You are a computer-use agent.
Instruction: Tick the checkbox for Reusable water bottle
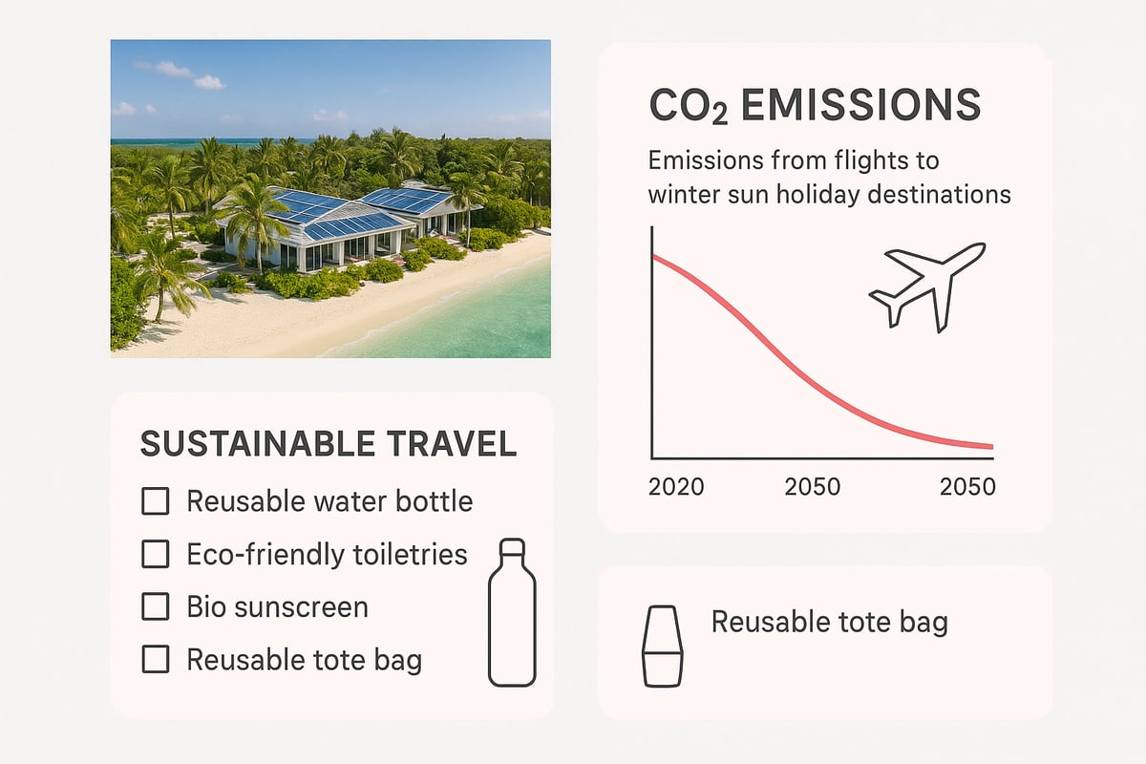click(155, 501)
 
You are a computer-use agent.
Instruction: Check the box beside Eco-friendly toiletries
click(155, 554)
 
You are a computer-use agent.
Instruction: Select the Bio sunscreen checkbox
click(155, 606)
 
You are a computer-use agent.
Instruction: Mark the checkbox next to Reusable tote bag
click(155, 659)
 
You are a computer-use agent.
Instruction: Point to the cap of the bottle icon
click(512, 548)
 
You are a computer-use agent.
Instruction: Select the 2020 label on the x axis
click(676, 486)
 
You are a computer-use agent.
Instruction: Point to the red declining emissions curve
click(793, 354)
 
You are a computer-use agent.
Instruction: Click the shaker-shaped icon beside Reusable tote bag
click(663, 645)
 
